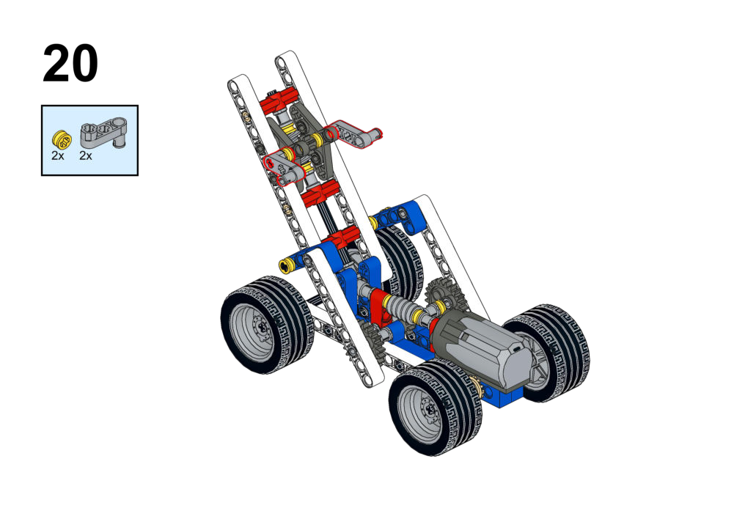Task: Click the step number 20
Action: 70,64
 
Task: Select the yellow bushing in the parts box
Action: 62,139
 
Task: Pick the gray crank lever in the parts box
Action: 104,133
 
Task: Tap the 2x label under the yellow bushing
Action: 58,156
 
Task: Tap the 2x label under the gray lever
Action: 86,156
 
